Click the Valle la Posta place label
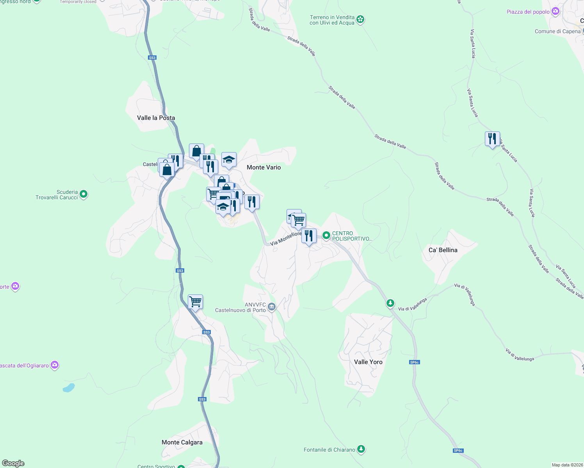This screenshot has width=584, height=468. pos(156,118)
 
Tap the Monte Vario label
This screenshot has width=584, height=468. pos(264,167)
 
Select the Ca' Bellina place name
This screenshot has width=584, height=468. pos(443,250)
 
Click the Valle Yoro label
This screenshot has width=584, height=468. pos(368,362)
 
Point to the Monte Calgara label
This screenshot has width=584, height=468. pos(182,442)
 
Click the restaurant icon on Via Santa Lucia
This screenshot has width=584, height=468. pos(492,139)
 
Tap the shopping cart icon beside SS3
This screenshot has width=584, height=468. pos(195,301)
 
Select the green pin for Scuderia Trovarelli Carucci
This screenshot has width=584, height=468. pos(84,194)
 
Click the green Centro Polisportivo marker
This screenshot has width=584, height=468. pos(326,236)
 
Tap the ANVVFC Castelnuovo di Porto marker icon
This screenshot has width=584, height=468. pos(272,307)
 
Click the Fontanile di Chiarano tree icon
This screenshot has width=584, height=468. pos(361,449)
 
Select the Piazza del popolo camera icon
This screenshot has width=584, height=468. pos(556,12)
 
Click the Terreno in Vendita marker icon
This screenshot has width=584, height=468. pos(360,19)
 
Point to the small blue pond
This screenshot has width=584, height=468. pos(69,388)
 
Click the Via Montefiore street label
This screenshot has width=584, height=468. pos(286,238)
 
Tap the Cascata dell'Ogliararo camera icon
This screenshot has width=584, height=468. pos(55,365)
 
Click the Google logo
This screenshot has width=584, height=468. pos(13,463)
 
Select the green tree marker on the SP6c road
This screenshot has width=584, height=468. pos(390,303)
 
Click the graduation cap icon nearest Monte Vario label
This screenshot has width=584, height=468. pos(229,160)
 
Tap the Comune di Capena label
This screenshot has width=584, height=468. pos(557,32)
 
